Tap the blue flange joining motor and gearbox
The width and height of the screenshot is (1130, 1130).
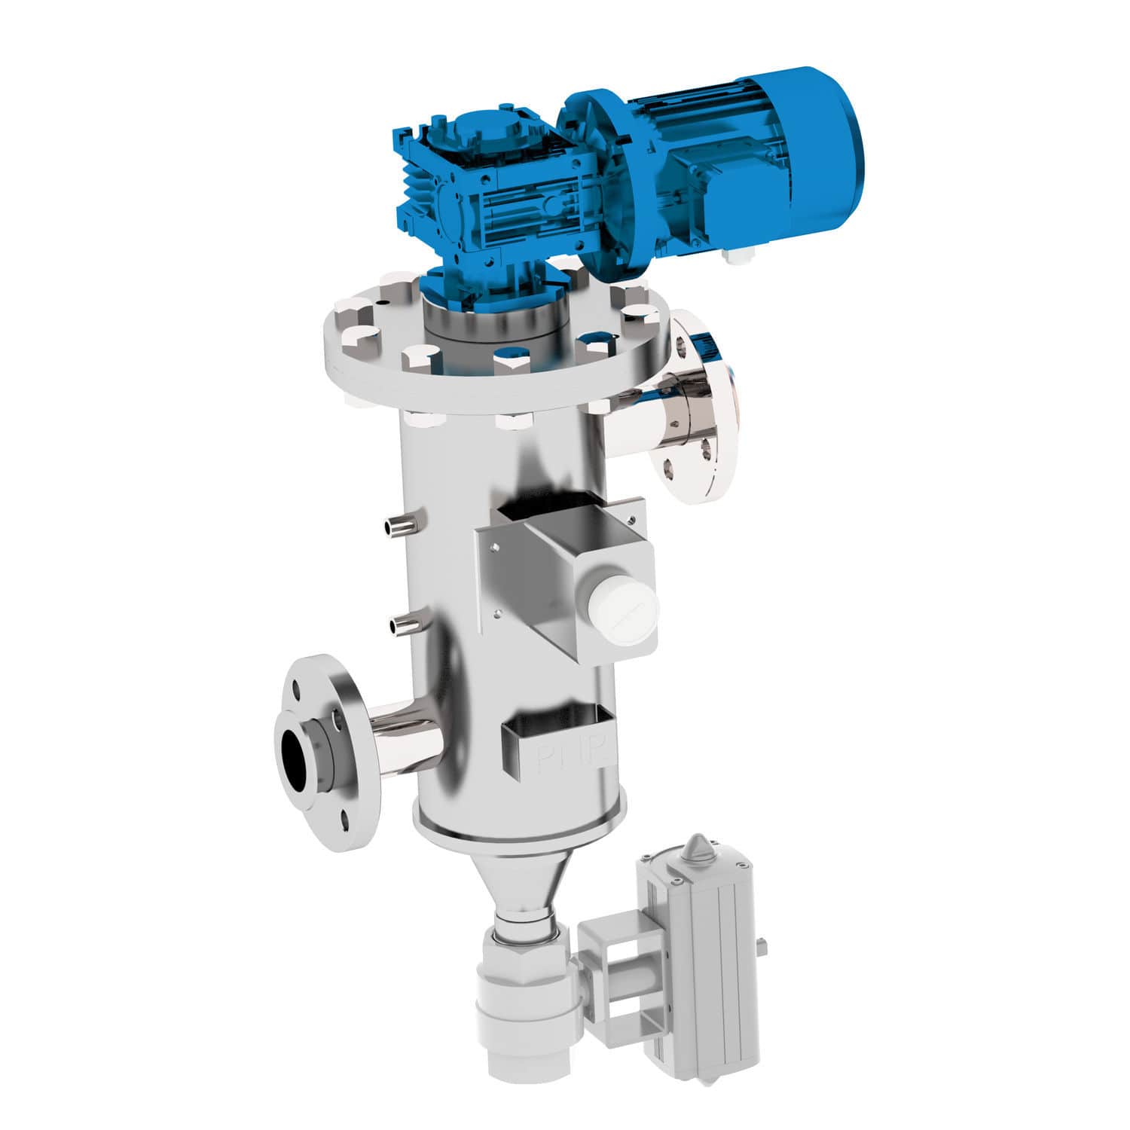click(x=595, y=166)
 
